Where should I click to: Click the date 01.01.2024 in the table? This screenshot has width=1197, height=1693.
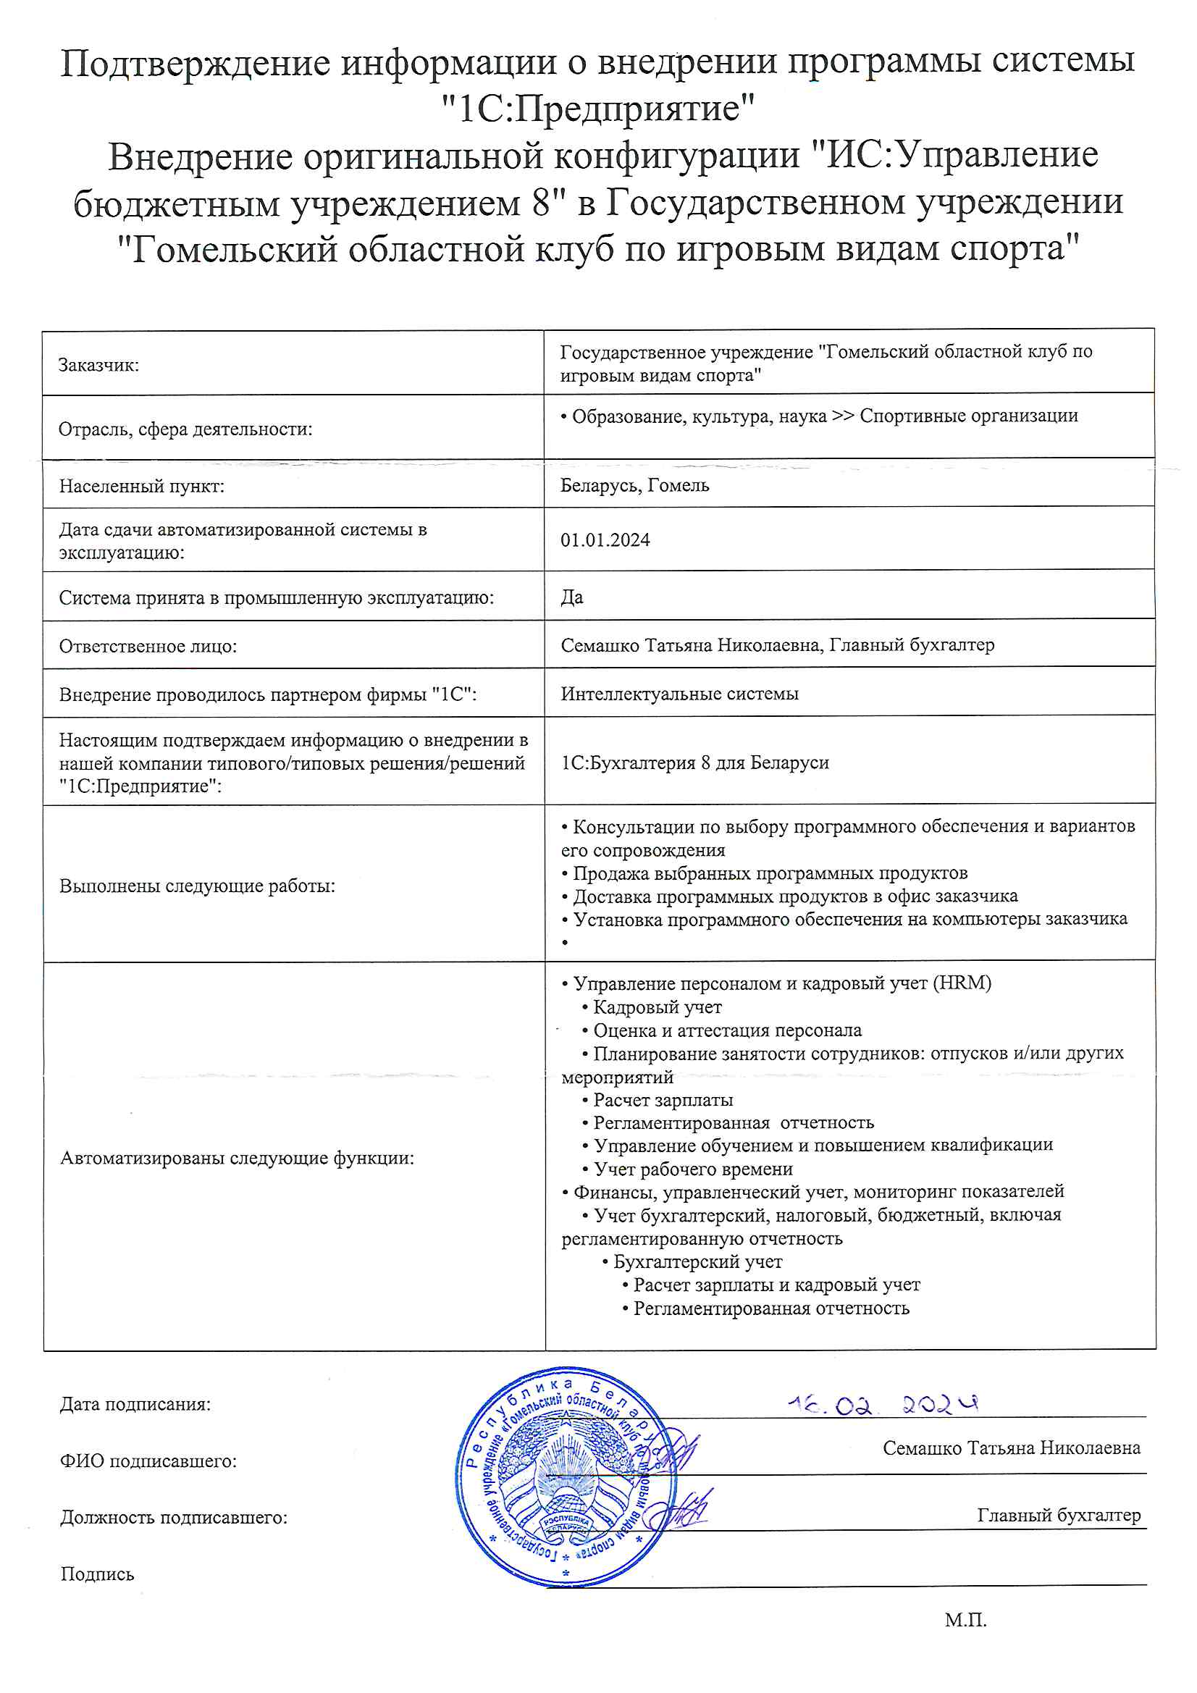point(605,540)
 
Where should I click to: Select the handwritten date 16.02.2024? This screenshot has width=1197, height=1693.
point(882,1405)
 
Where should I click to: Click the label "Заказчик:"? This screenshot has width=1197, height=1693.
point(98,365)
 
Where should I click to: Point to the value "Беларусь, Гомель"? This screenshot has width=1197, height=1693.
point(634,486)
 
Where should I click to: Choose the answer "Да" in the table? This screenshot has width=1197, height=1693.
point(571,597)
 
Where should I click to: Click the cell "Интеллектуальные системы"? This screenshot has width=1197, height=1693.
point(679,694)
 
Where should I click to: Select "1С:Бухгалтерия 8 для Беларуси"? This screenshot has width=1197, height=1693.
point(694,763)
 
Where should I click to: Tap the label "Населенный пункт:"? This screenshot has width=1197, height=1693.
point(142,487)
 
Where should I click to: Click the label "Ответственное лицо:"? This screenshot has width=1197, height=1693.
point(148,647)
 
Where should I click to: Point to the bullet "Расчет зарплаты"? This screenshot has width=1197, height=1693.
point(663,1100)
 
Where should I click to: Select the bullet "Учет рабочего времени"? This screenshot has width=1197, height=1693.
point(692,1169)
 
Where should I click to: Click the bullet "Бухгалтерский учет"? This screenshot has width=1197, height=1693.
point(697,1261)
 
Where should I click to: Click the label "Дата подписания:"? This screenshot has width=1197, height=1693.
point(135,1404)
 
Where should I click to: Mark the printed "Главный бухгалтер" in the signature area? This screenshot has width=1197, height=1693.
point(1059,1516)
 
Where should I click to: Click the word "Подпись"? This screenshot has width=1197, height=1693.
point(97,1574)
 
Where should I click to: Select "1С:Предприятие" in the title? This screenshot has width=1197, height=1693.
point(598,109)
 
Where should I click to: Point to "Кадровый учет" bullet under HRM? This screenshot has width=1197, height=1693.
point(656,1007)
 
